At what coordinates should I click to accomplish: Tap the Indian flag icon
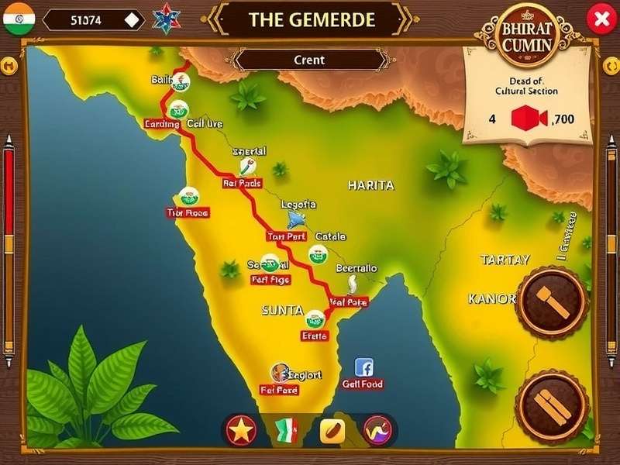19,19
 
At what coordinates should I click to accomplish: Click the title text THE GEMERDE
312,20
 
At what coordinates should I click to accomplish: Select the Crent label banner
309,60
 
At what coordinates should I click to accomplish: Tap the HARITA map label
370,186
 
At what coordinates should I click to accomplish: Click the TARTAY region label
505,260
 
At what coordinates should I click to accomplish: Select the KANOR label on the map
491,298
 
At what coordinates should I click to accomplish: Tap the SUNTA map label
282,310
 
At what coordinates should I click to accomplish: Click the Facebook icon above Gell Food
363,367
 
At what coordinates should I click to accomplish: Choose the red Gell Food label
363,384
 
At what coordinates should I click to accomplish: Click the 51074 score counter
86,20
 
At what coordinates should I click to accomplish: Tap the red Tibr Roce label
188,212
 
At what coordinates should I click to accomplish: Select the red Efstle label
315,336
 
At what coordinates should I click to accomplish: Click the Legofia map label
298,205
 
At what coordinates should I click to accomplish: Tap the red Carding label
162,124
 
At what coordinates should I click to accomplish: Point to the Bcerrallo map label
356,268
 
